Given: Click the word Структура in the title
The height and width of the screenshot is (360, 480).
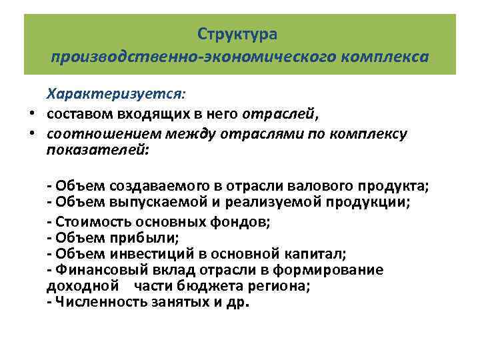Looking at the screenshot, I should (x=237, y=33).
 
